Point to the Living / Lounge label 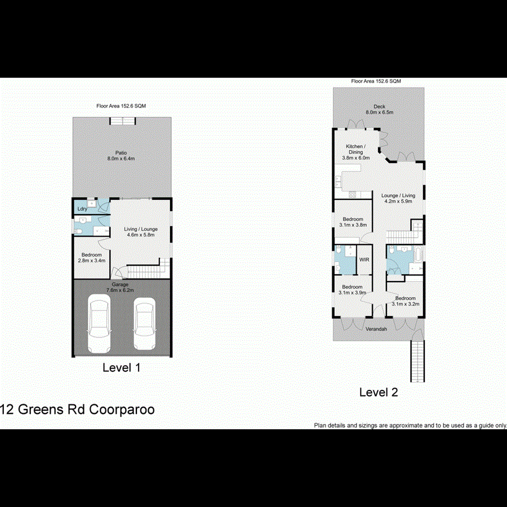pos(141,229)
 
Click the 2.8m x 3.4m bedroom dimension pos(91,260)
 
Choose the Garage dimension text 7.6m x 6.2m pos(119,290)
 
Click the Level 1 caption pos(121,368)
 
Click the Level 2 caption pos(379,392)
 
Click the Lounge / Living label pos(399,195)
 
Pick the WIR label pos(364,260)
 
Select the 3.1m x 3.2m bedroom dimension pos(406,304)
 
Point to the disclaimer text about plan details pos(410,425)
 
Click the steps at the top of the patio pos(122,121)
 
